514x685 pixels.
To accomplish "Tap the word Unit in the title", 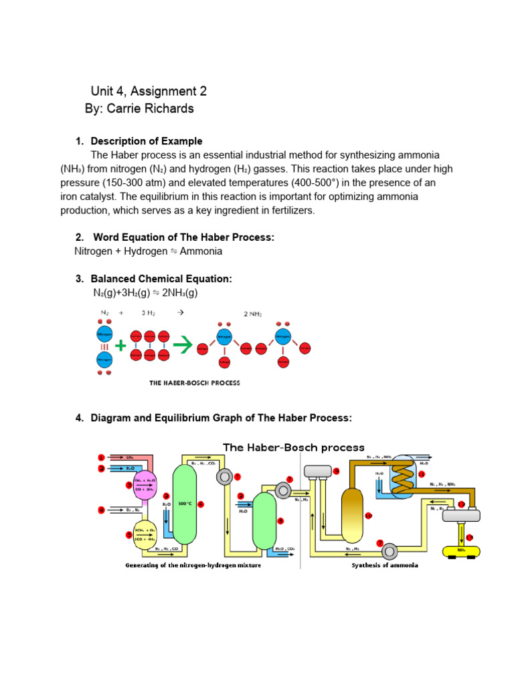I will (x=103, y=91).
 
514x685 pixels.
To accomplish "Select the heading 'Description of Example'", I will (x=146, y=141).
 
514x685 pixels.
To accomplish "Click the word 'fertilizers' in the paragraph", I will (x=290, y=211).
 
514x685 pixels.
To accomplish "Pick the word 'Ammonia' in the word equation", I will (x=201, y=252).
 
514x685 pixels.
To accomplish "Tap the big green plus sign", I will (x=120, y=346).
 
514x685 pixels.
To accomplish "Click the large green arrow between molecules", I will (x=183, y=345).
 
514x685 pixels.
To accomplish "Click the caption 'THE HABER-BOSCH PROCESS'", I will (x=194, y=383).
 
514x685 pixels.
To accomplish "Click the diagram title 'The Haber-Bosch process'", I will (x=294, y=448).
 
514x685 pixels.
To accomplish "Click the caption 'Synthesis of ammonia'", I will (x=385, y=565).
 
